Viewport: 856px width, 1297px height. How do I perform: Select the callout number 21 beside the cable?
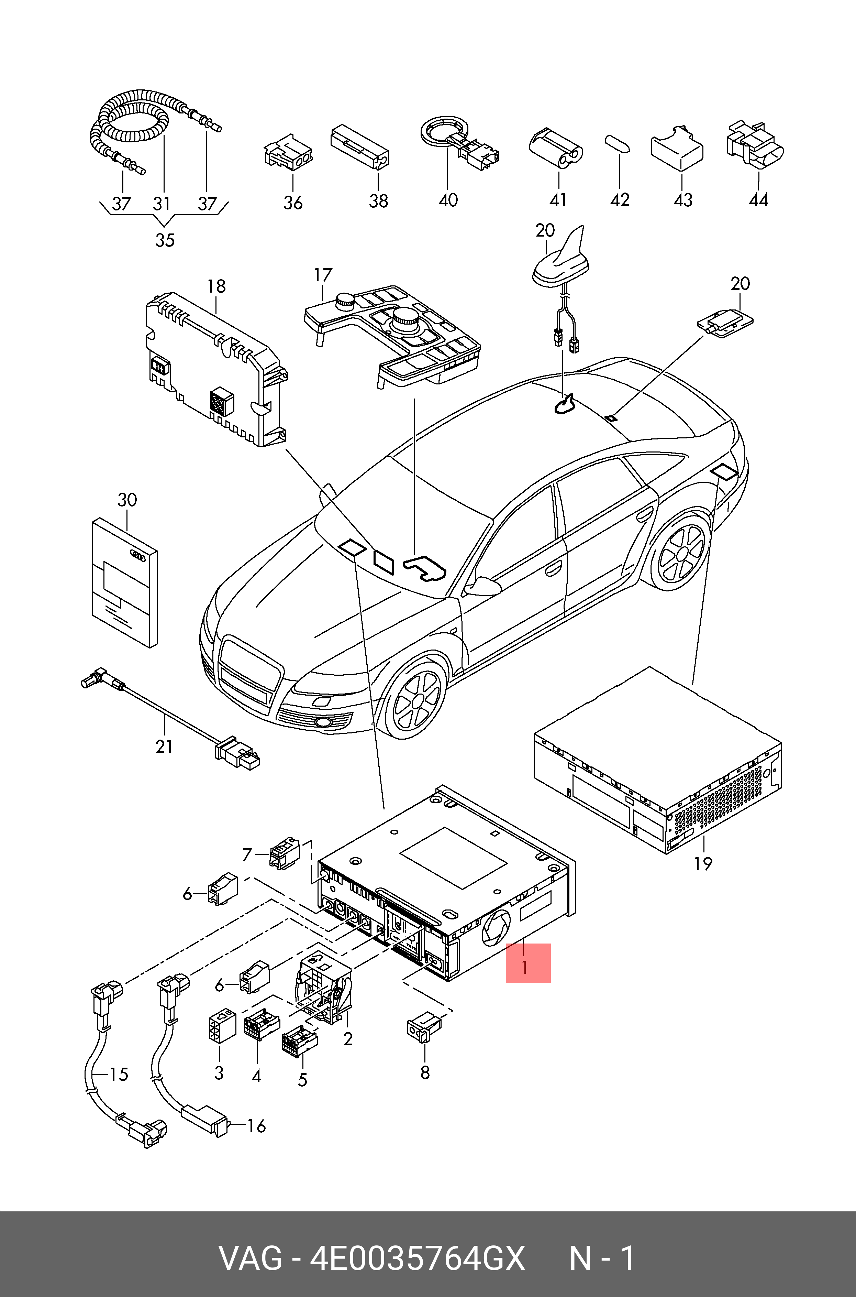pyautogui.click(x=164, y=746)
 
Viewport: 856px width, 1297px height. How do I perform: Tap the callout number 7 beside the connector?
pyautogui.click(x=247, y=853)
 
